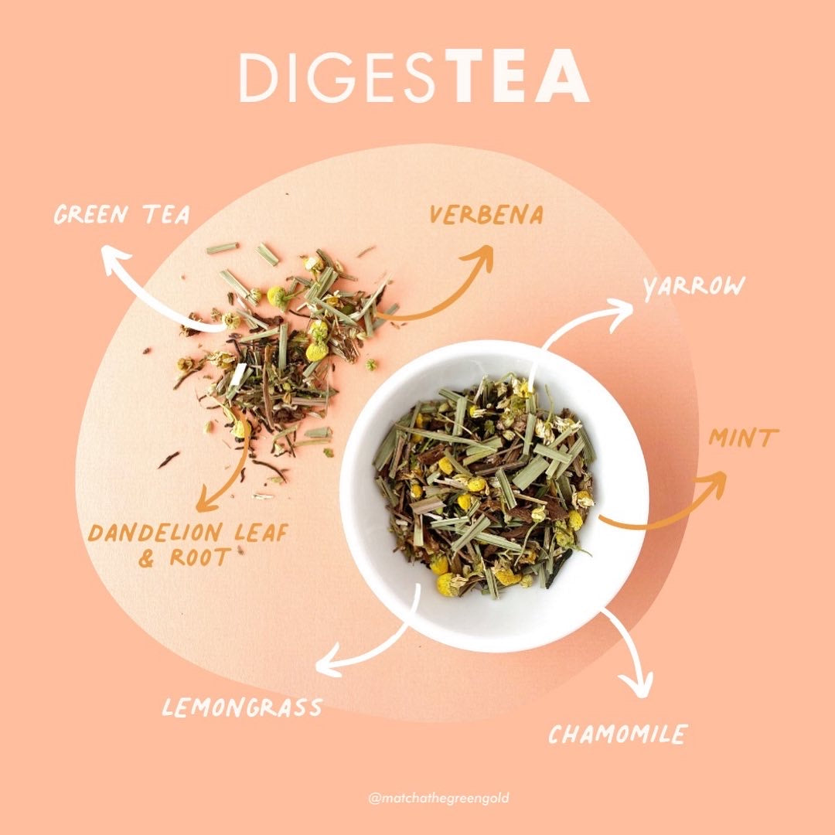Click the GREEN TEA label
tap(122, 214)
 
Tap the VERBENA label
tap(486, 215)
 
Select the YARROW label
tap(694, 288)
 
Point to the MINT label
tap(744, 438)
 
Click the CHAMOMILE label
tap(618, 734)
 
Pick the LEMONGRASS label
tap(242, 707)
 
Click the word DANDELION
tap(155, 533)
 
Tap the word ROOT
tap(199, 557)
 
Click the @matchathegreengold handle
tap(438, 798)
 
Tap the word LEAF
tap(261, 533)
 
